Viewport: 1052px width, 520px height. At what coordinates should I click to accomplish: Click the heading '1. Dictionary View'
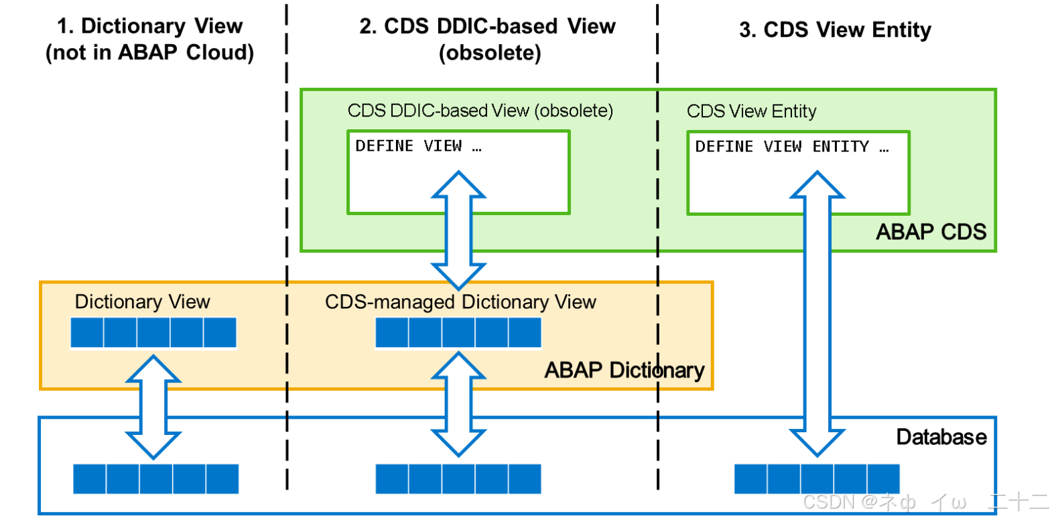pos(149,26)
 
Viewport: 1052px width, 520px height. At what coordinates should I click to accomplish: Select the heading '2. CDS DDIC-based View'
pos(487,26)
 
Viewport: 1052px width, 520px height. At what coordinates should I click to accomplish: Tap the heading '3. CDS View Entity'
pos(835,29)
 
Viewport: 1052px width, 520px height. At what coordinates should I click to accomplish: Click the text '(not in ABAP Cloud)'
pos(149,52)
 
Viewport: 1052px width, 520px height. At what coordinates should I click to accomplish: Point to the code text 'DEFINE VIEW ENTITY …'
pos(792,147)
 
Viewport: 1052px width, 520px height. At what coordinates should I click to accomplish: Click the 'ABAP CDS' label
pos(931,232)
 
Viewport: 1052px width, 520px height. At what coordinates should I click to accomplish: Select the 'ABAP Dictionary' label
pos(624,370)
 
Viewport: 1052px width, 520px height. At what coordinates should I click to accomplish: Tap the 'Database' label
pos(941,437)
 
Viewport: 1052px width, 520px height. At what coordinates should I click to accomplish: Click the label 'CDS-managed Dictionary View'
pos(460,302)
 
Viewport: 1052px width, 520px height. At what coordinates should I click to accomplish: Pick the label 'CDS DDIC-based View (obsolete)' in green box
pos(480,111)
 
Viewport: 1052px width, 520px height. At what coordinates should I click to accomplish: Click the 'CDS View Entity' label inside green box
pos(751,111)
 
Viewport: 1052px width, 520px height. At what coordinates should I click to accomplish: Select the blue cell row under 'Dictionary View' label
pos(153,333)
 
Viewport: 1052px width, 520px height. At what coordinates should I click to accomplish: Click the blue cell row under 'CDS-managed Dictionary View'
pos(458,333)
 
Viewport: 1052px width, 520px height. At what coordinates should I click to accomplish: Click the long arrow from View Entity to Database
pos(817,315)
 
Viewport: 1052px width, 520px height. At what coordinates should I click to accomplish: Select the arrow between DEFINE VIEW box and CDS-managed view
pos(458,230)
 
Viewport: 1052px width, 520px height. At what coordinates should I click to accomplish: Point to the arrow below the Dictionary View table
pos(153,407)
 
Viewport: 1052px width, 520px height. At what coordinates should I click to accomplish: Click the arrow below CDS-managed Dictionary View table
pos(458,404)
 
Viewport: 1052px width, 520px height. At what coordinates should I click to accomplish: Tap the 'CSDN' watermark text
pos(829,502)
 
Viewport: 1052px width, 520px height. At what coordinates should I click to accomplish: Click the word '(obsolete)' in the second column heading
pos(490,53)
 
